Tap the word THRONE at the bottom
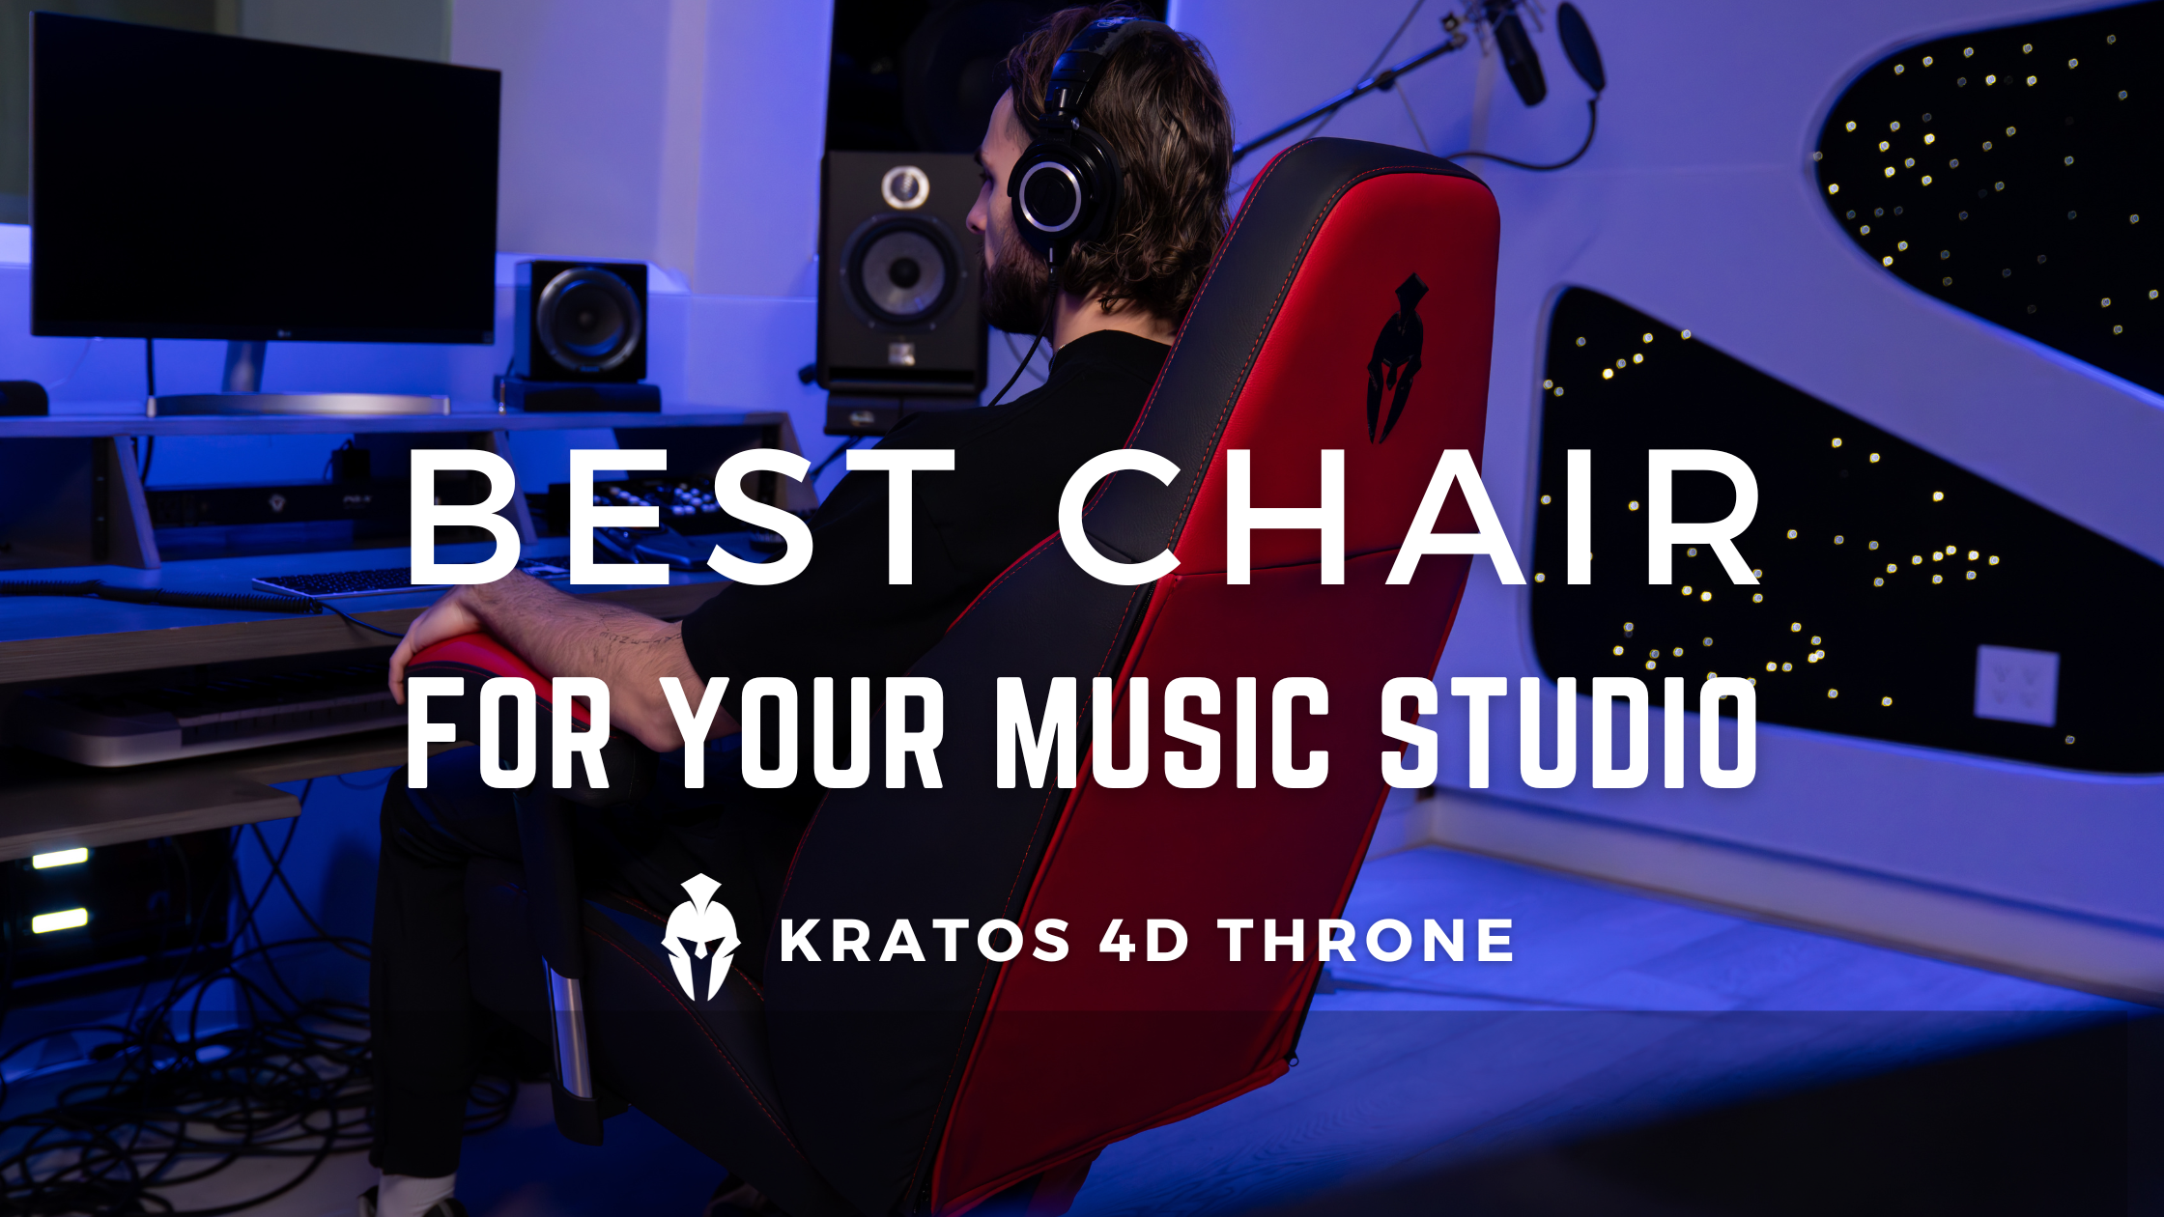(x=1367, y=941)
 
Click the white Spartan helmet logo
(x=701, y=937)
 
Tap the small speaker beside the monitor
(x=584, y=321)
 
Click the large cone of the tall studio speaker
(x=903, y=271)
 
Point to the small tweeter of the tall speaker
(x=905, y=186)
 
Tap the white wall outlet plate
(x=2016, y=685)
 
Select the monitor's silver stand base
(x=299, y=403)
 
